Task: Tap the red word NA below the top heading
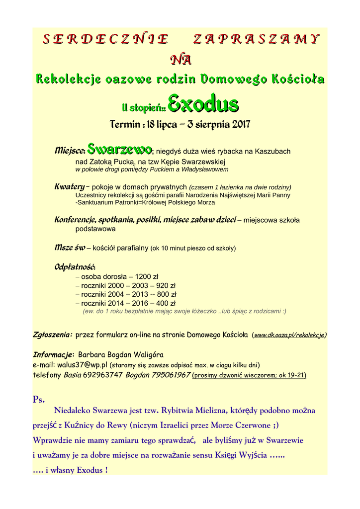[180, 60]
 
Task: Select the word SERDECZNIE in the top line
[104, 39]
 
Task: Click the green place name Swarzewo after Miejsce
[119, 149]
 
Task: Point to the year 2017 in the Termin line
[241, 124]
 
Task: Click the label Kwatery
[69, 187]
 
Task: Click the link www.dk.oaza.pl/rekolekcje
[289, 335]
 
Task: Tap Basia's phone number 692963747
[102, 374]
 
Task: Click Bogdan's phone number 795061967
[171, 374]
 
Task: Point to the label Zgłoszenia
[52, 335]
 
